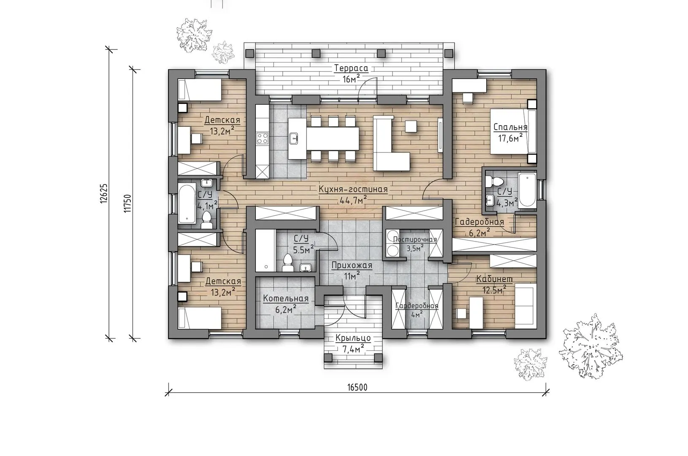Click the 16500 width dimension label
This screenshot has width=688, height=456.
pos(358,388)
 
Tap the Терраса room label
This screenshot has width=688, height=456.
pos(351,68)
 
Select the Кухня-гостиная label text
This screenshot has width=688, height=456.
pos(353,189)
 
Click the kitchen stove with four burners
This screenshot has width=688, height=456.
pos(263,138)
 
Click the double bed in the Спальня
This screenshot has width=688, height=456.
pos(513,131)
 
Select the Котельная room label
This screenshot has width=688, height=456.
pos(286,299)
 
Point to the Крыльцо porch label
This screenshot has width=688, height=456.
pos(353,338)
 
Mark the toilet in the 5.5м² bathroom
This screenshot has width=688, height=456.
pos(288,263)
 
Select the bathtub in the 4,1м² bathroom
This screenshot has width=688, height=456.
pos(187,204)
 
